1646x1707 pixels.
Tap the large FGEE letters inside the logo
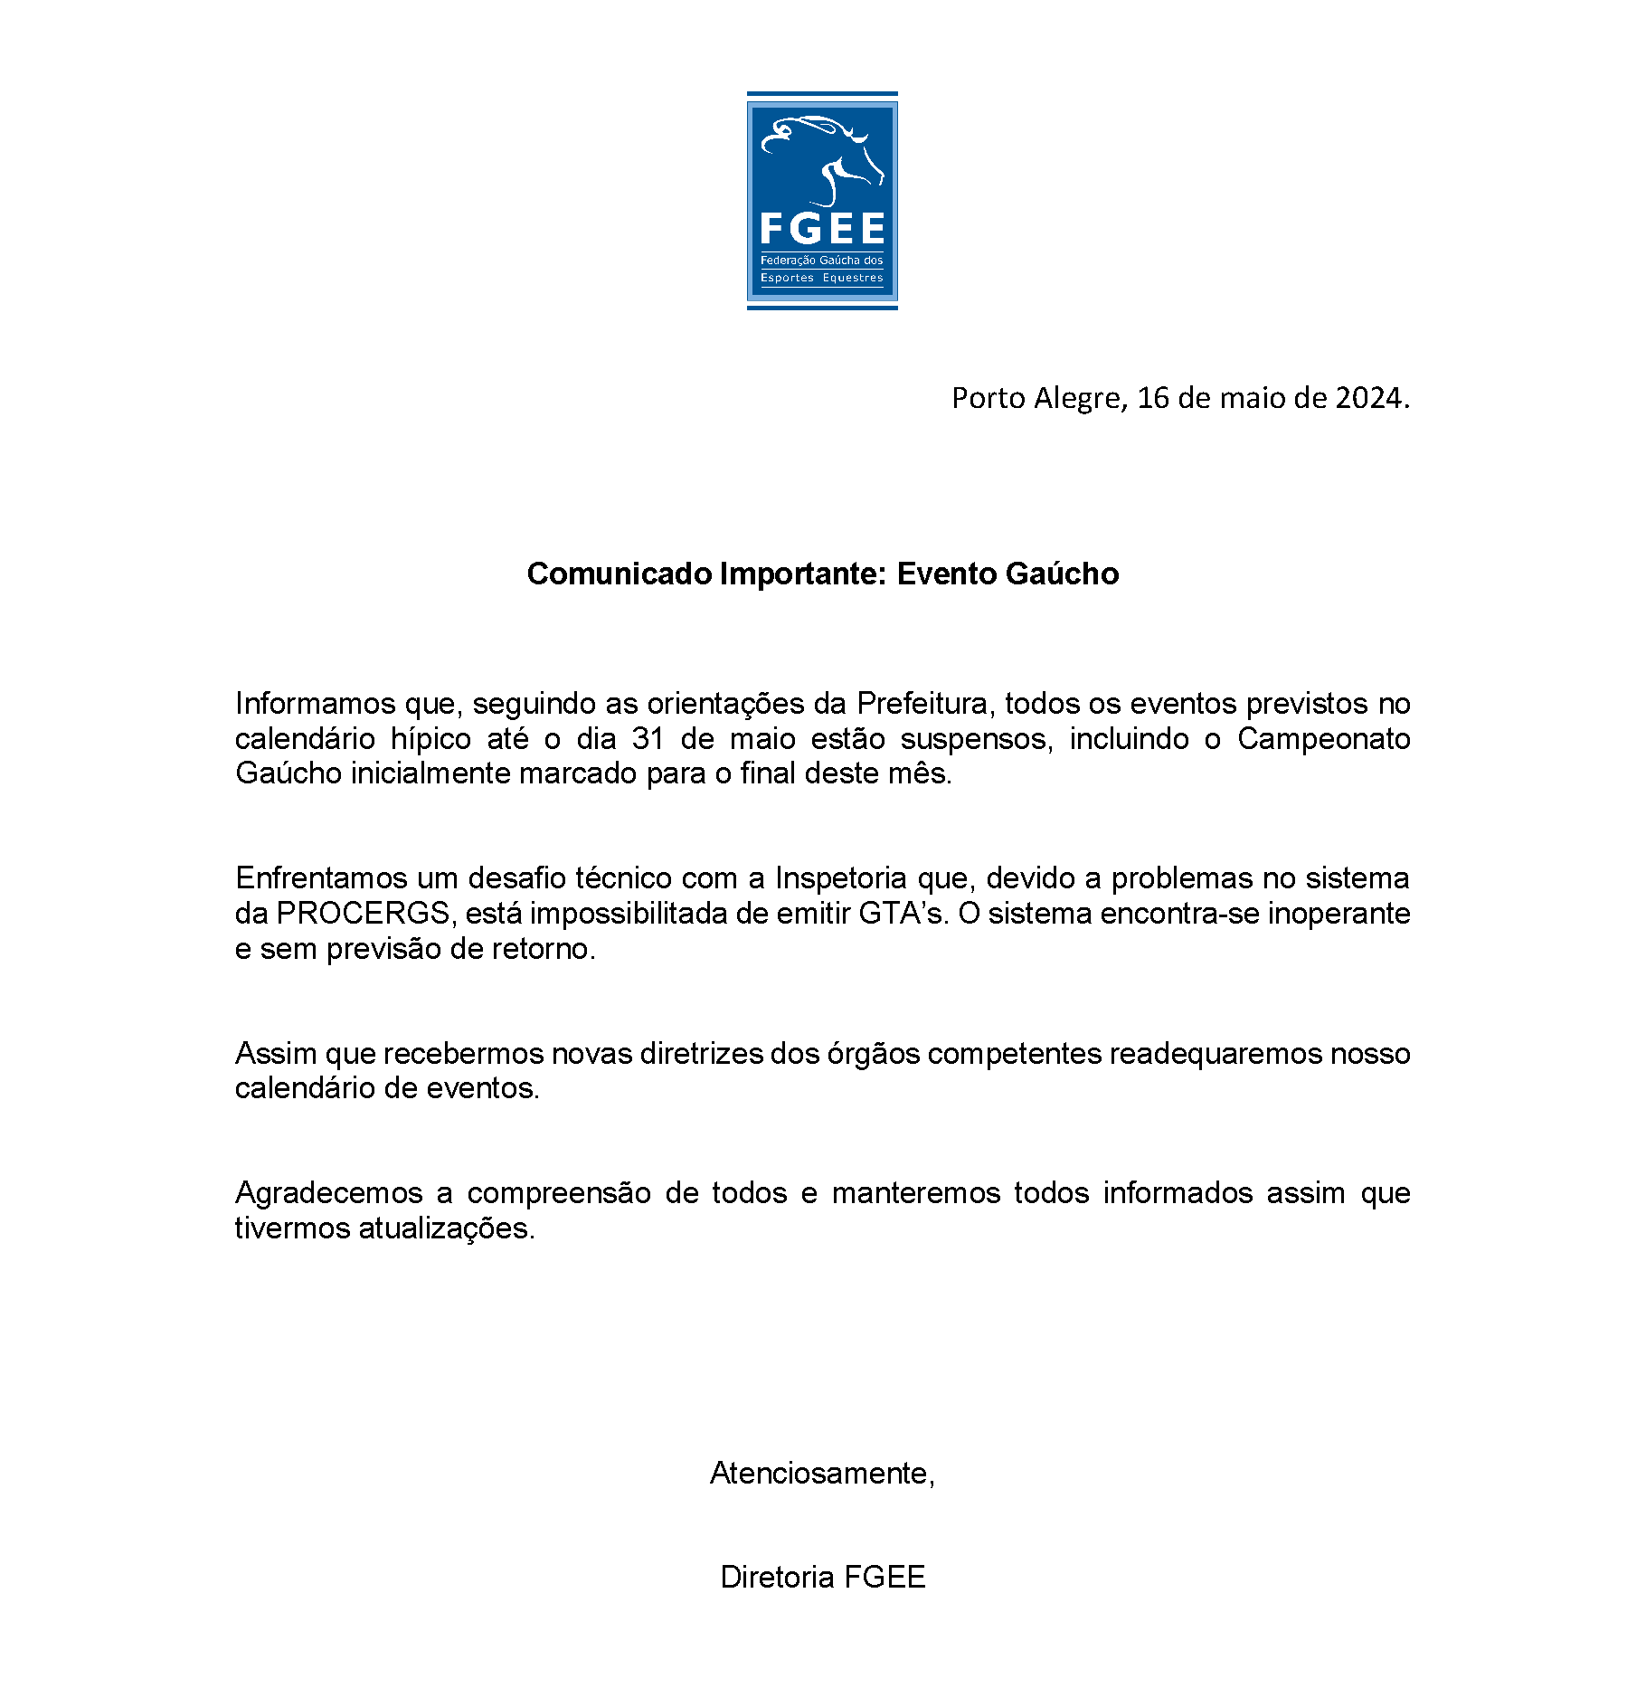821,229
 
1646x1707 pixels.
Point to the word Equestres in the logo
852,278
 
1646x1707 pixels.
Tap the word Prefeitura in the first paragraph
922,704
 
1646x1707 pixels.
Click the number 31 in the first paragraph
648,739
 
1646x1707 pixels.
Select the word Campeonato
1323,739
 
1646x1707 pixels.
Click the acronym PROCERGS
363,914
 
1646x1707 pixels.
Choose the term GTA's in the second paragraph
903,914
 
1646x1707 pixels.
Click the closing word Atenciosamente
821,1474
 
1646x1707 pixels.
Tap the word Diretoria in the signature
777,1578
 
